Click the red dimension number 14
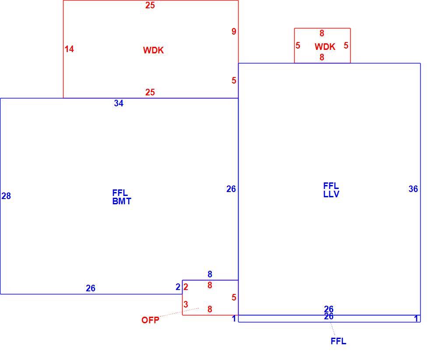pos(69,49)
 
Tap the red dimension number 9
pos(234,31)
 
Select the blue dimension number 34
pos(119,103)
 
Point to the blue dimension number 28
pos(6,196)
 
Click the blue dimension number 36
pos(413,189)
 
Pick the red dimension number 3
pos(186,304)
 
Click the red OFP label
pos(150,320)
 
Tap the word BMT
pos(122,201)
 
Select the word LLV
pos(331,194)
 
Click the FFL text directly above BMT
pos(120,193)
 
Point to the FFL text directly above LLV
pos(331,186)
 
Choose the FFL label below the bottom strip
pos(338,341)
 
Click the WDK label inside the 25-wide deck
pos(153,50)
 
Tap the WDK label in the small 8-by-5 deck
pos(325,47)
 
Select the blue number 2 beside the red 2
pos(178,287)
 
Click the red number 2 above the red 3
pos(186,287)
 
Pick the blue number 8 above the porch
pos(210,274)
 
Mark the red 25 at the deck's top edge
pos(150,5)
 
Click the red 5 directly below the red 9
pos(234,80)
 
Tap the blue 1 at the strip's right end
pos(416,318)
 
